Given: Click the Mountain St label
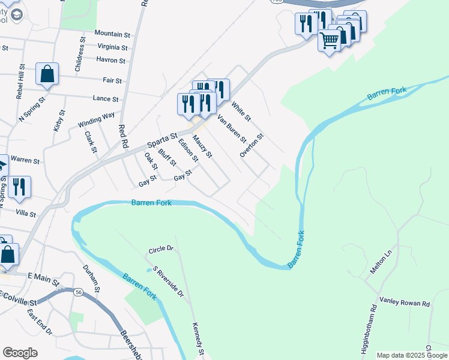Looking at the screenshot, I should click(x=112, y=35).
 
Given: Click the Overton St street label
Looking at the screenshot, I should click(x=252, y=146).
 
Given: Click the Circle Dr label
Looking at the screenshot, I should click(x=161, y=248).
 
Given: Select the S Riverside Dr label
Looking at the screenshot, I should click(x=168, y=281).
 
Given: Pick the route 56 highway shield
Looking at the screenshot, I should click(x=79, y=292).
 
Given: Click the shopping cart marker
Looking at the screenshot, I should click(x=330, y=40).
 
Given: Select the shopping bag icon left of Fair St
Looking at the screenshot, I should click(x=47, y=74).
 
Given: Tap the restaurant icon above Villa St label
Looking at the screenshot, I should click(x=19, y=187).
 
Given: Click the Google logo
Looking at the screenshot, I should click(x=20, y=353).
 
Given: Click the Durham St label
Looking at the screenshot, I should click(x=90, y=277).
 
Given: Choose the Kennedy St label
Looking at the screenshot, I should click(x=198, y=338).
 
